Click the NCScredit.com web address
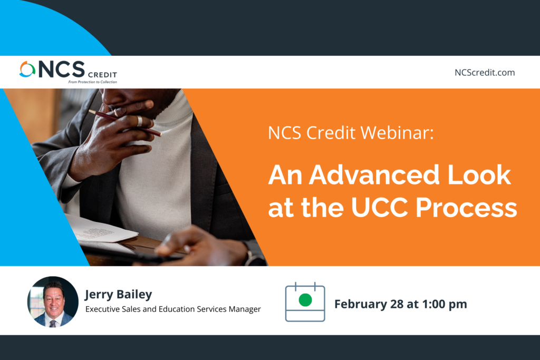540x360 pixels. click(485, 73)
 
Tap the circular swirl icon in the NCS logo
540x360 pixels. click(27, 70)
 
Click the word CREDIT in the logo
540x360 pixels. click(102, 75)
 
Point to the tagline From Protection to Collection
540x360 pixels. click(93, 82)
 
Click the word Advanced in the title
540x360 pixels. click(374, 175)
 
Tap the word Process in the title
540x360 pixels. click(466, 208)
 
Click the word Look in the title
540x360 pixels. click(479, 175)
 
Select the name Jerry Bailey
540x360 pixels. click(119, 295)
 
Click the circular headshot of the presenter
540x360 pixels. click(53, 301)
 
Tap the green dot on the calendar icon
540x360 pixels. click(305, 300)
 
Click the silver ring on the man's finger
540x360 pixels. click(139, 121)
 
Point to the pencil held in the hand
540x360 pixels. click(124, 123)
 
